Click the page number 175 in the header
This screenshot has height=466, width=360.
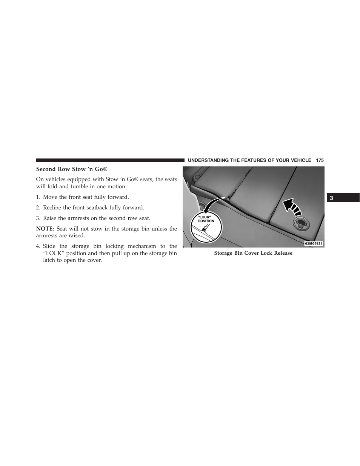(320, 160)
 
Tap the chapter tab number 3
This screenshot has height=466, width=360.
(331, 198)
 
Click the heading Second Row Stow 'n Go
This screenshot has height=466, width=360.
(74, 169)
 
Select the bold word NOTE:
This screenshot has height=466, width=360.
(45, 229)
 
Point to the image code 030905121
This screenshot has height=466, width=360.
(314, 244)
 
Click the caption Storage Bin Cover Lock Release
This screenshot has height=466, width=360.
(253, 253)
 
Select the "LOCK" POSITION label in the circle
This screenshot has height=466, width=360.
(206, 219)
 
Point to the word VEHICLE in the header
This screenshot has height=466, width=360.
(301, 160)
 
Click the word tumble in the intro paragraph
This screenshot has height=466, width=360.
(79, 186)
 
